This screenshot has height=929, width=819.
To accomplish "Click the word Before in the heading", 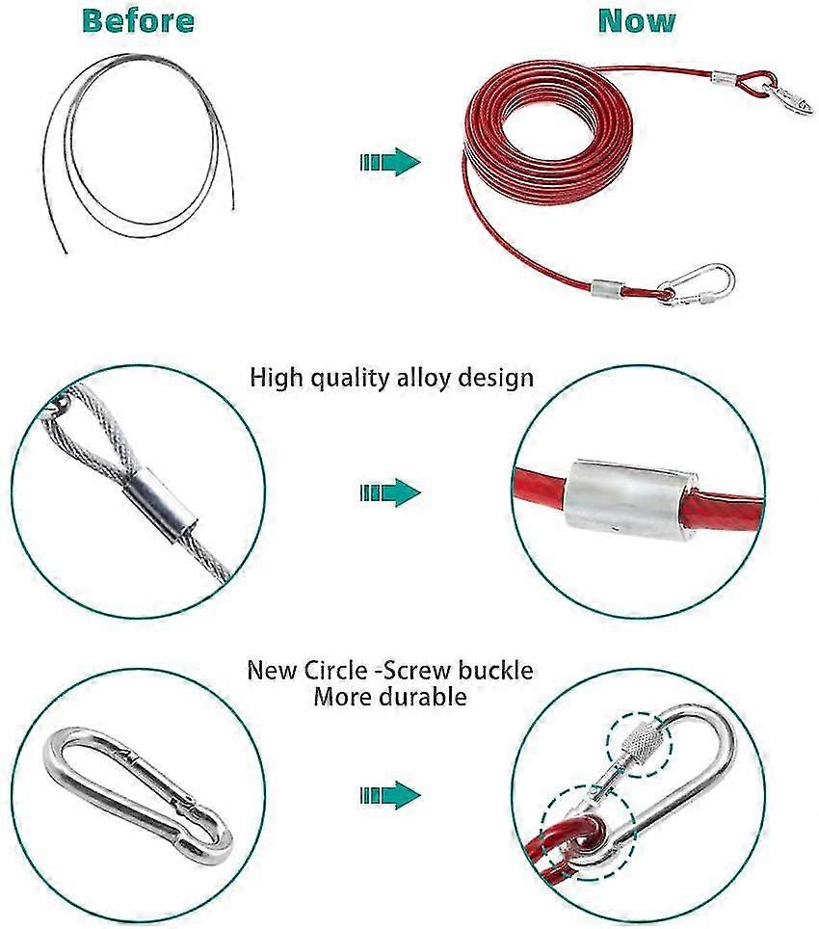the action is [138, 21].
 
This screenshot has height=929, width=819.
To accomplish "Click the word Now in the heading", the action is [637, 21].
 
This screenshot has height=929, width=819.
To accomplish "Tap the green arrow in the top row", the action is [390, 162].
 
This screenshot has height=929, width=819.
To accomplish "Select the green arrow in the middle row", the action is [390, 492].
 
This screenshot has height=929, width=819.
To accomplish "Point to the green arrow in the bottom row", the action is [390, 795].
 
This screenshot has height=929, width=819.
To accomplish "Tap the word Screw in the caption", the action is [411, 670].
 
